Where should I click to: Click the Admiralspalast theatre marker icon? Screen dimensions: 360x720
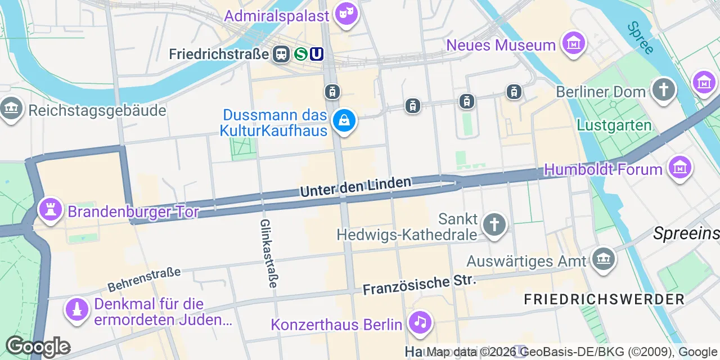346,13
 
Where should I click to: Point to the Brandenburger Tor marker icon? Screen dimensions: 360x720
49,210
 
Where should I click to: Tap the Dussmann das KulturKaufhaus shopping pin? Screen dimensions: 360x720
343,121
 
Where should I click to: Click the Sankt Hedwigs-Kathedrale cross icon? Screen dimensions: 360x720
494,224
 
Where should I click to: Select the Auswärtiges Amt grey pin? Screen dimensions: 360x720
603,259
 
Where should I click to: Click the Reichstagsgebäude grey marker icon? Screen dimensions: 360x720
11,109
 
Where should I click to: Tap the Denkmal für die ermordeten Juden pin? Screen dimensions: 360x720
76,309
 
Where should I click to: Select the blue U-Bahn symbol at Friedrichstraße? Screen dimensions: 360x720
317,53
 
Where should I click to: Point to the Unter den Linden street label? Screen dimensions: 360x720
355,187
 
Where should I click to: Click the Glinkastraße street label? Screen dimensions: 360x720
268,253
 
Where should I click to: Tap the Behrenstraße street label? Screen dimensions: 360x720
144,280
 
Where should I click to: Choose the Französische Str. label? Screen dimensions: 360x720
419,285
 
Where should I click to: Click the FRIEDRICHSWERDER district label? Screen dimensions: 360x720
604,299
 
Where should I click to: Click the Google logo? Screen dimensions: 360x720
37,346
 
